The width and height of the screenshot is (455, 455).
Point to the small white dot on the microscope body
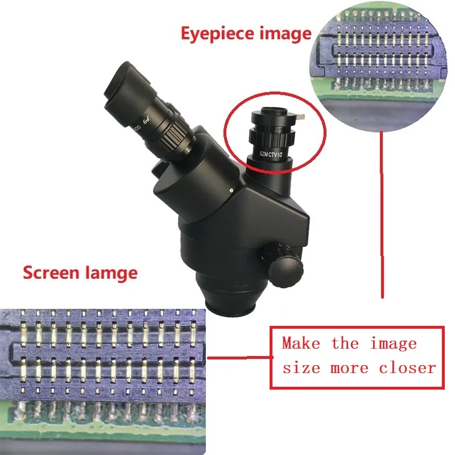[232, 189]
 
